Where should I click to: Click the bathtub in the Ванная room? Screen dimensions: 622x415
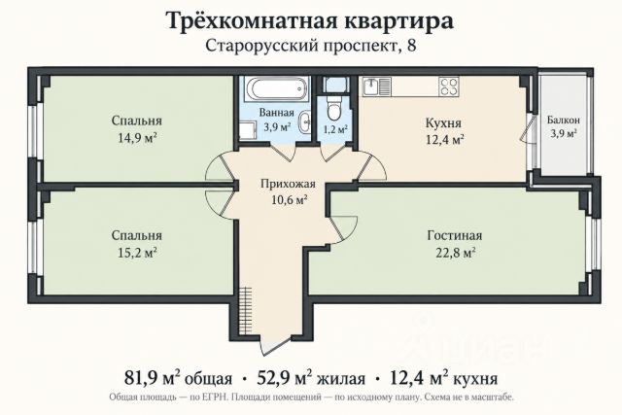click(x=276, y=88)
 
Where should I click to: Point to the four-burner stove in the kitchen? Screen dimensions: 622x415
click(x=449, y=86)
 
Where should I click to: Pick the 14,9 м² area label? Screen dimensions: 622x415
click(x=137, y=138)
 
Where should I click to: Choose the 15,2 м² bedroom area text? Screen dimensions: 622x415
click(x=137, y=253)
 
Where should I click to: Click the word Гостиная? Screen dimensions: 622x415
click(x=455, y=235)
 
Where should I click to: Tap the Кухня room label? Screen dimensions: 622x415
click(x=443, y=122)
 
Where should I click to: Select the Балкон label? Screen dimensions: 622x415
click(x=564, y=120)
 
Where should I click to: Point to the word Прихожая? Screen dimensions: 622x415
click(x=288, y=184)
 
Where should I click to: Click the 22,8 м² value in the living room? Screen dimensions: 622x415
click(x=455, y=253)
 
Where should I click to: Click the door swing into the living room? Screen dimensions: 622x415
click(x=344, y=229)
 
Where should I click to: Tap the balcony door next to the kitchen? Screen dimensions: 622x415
click(x=529, y=128)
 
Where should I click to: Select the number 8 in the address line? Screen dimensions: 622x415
click(x=412, y=46)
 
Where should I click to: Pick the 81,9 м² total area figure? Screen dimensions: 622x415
click(x=153, y=378)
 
